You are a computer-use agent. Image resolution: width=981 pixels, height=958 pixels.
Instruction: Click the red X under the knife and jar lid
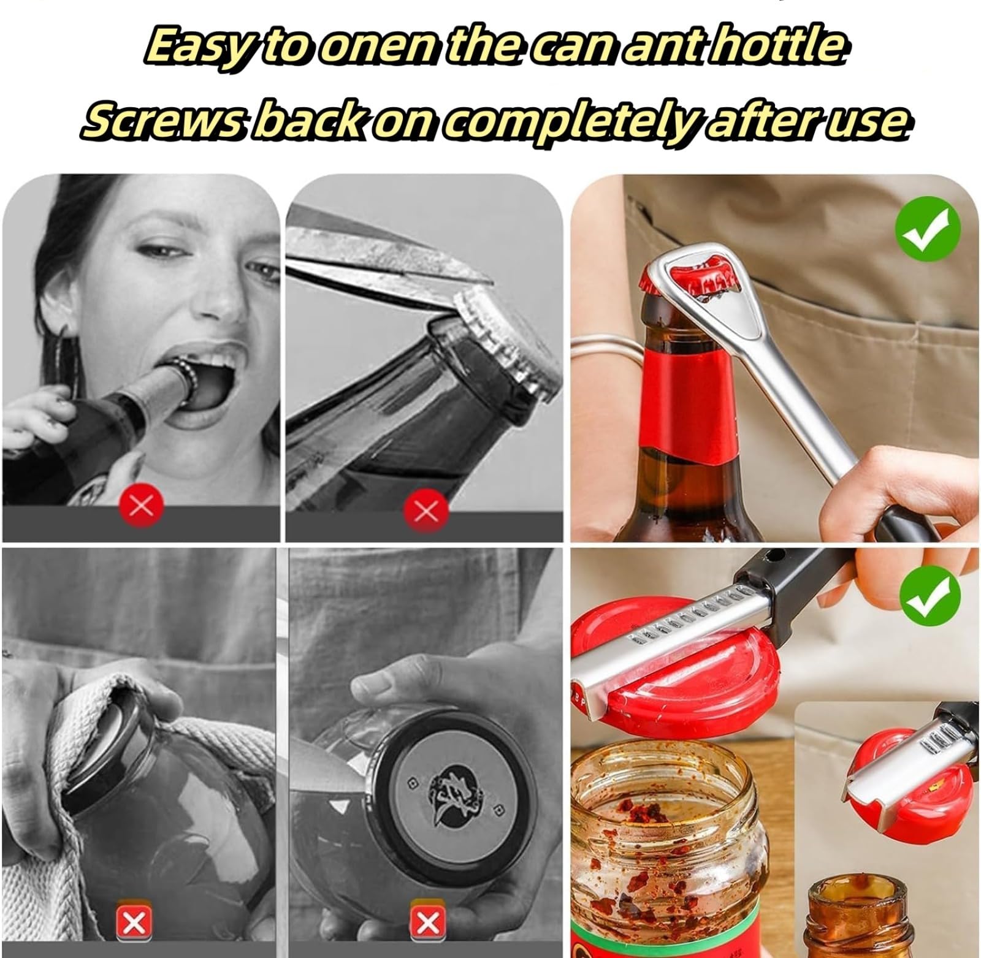(427, 921)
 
